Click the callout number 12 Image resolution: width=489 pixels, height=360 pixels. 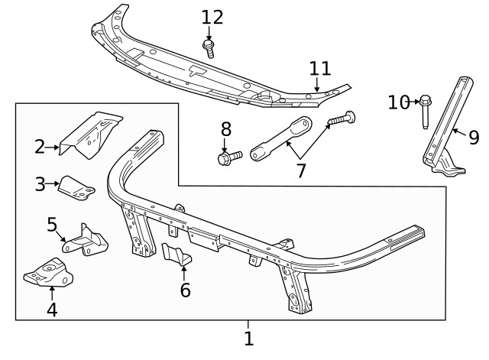212,17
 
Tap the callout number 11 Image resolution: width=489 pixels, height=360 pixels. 320,68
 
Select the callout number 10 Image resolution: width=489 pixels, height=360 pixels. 398,102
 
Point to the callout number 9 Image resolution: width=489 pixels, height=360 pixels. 474,138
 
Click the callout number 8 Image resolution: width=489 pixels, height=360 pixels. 225,129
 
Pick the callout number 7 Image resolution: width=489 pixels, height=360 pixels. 300,170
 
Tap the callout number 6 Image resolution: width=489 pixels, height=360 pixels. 184,290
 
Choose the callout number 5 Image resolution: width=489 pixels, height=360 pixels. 52,224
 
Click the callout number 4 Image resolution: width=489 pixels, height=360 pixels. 52,310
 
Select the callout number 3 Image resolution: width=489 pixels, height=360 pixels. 40,183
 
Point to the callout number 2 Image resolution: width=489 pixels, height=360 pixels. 40,145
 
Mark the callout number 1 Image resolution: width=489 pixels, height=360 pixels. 248,338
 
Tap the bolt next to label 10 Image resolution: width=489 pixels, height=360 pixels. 425,110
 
